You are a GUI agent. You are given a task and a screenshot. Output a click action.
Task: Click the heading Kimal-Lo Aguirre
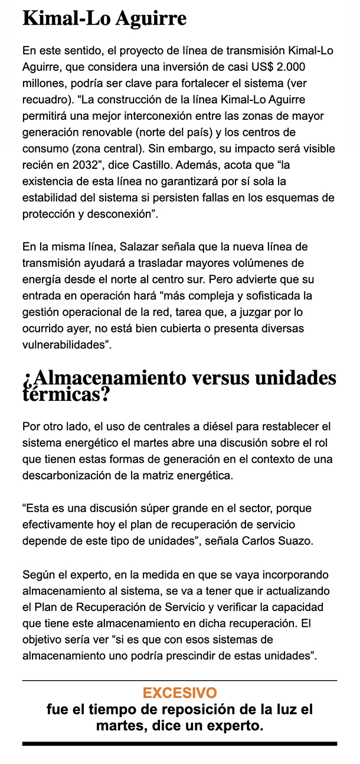point(104,18)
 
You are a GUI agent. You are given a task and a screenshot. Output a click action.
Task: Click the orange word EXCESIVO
point(179,693)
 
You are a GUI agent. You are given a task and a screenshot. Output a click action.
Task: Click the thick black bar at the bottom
point(179,744)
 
